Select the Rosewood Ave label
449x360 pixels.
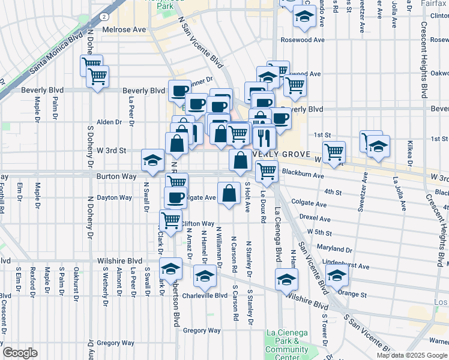[x=303, y=40]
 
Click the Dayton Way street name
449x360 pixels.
[x=114, y=197]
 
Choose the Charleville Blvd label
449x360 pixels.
[x=205, y=296]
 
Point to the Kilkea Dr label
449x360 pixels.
[x=409, y=154]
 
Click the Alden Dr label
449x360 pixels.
[x=109, y=122]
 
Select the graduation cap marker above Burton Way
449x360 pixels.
[x=152, y=161]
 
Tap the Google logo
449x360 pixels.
[x=19, y=353]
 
